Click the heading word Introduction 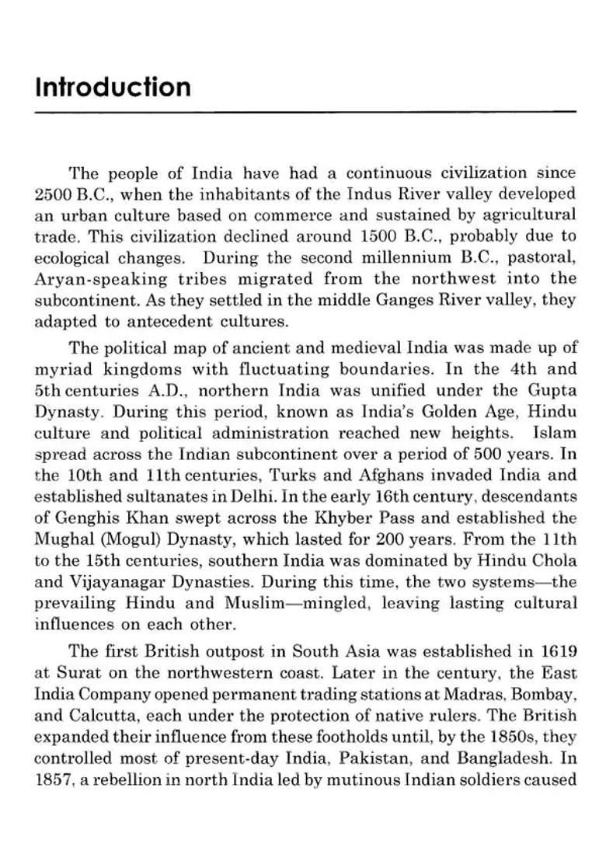113,86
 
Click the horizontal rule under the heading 305,113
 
